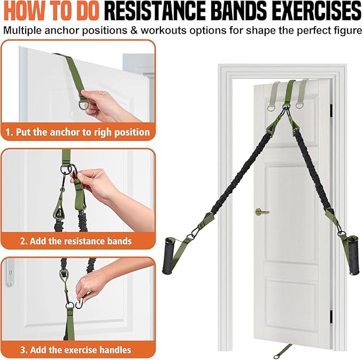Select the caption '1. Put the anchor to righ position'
pos(78,131)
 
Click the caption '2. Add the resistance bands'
pos(75,241)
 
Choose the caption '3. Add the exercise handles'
pos(75,350)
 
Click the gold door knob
pos(260,212)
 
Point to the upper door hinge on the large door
pos(331,109)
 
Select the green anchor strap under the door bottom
pos(283,350)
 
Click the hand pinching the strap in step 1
pos(107,104)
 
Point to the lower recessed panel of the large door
pos(291,310)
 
